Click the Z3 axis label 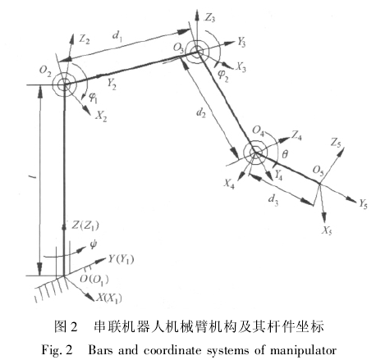210,18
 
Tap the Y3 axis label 241,43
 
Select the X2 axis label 101,116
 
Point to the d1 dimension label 117,36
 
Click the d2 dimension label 201,112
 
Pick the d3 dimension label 273,199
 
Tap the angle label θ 285,154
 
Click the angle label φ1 94,98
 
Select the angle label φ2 223,76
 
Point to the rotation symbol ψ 93,244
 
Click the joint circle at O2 64,84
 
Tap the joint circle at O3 197,51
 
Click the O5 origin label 319,171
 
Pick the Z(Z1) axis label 85,226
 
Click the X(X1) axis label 108,298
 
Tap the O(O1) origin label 94,280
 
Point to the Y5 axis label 363,204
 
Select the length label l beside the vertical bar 34,178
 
